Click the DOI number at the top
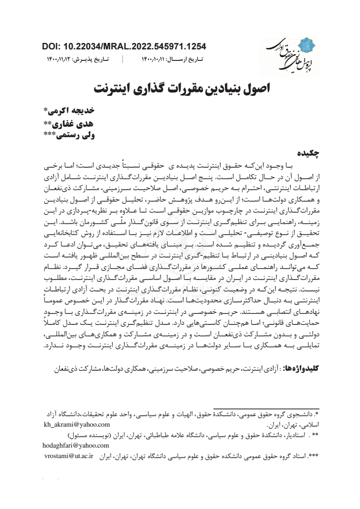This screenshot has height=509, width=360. click(x=125, y=47)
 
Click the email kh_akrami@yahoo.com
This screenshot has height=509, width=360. click(x=77, y=425)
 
